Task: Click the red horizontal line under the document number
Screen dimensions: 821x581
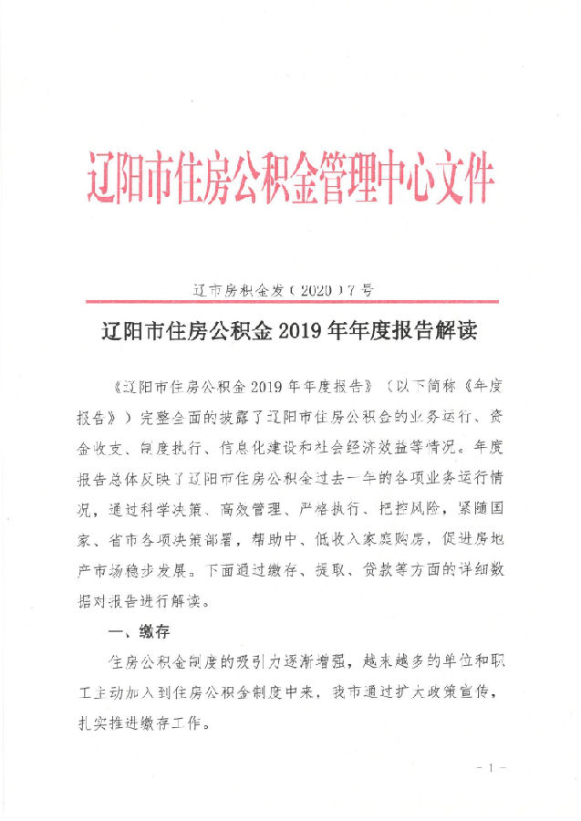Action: [x=290, y=302]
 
